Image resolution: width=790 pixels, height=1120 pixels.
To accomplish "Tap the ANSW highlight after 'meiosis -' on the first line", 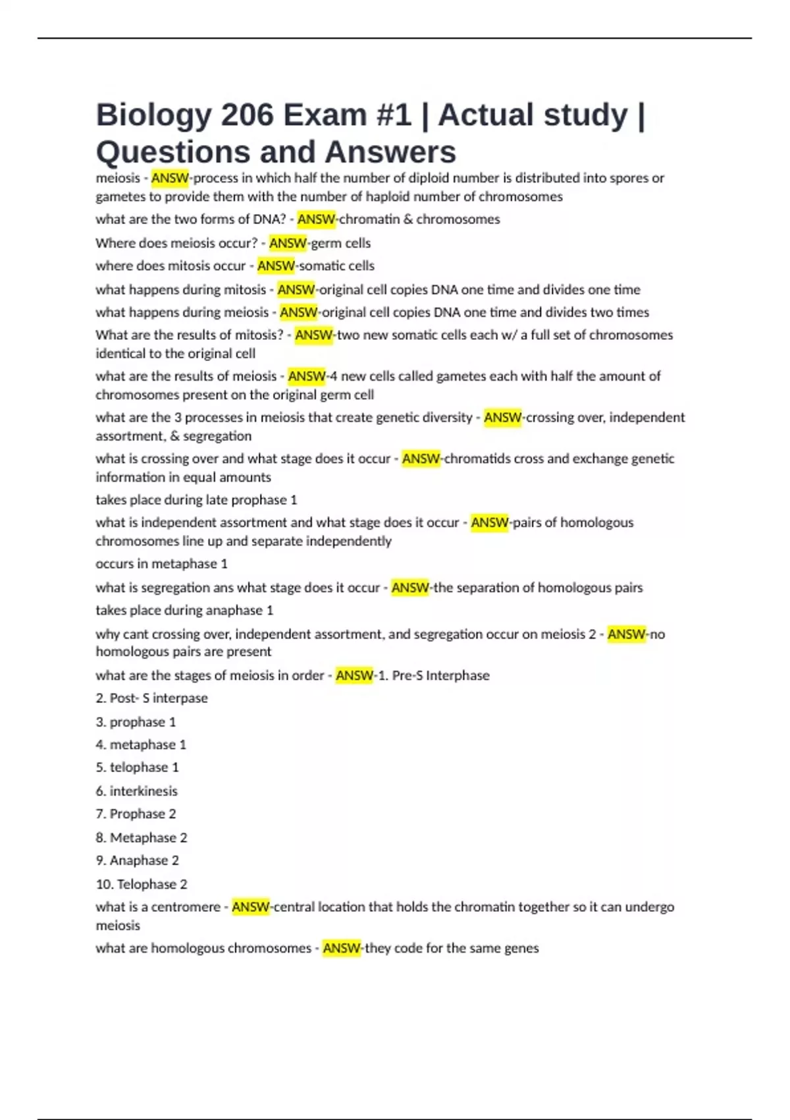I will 170,178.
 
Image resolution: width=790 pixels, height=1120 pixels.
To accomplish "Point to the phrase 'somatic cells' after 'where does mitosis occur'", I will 336,266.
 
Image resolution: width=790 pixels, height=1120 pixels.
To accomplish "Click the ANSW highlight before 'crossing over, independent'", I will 502,418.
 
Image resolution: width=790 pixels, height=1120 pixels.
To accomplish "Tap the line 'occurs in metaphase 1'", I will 161,564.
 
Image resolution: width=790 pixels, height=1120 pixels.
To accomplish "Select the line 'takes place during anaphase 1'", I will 184,611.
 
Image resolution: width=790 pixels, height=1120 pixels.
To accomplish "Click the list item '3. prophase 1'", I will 136,722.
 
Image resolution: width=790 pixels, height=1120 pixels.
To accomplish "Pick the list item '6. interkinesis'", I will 136,791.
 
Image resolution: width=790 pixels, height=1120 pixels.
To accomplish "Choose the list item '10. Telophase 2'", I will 142,884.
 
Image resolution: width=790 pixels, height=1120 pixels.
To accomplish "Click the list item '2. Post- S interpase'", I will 151,698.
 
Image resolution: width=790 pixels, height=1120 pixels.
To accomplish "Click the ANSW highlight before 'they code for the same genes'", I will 341,949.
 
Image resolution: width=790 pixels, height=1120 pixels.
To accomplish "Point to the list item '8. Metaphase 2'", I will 142,838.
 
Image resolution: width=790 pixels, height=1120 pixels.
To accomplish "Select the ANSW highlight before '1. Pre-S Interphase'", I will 354,676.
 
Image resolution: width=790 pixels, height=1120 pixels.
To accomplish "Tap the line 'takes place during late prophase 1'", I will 196,500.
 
